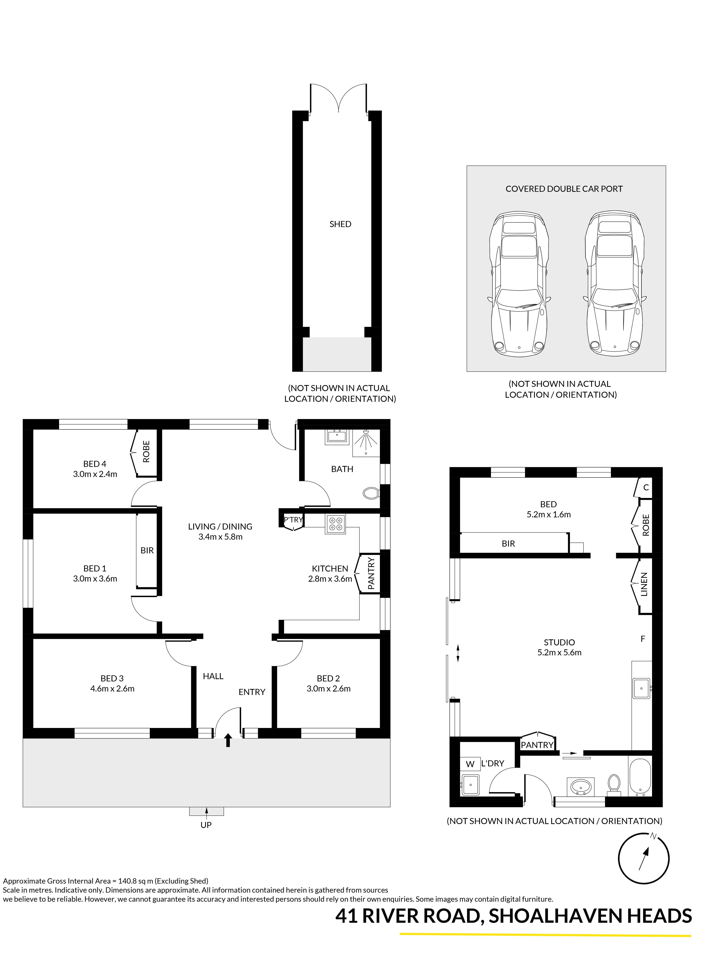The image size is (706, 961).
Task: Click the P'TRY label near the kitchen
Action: tap(293, 520)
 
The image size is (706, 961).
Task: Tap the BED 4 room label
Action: tap(95, 464)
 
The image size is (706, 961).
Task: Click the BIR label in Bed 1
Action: tap(147, 550)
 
